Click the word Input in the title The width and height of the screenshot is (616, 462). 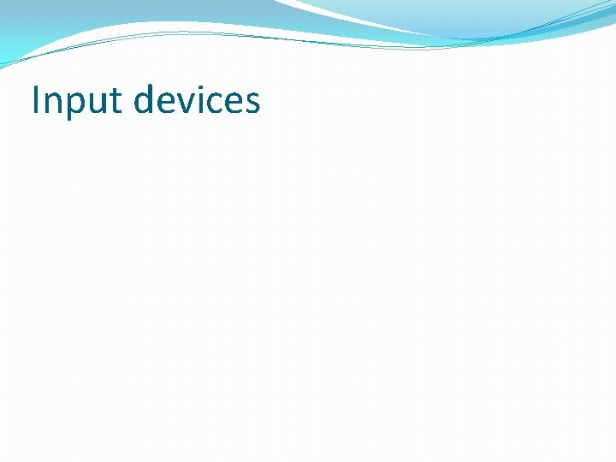point(77,101)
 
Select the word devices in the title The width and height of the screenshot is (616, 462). point(197,100)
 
